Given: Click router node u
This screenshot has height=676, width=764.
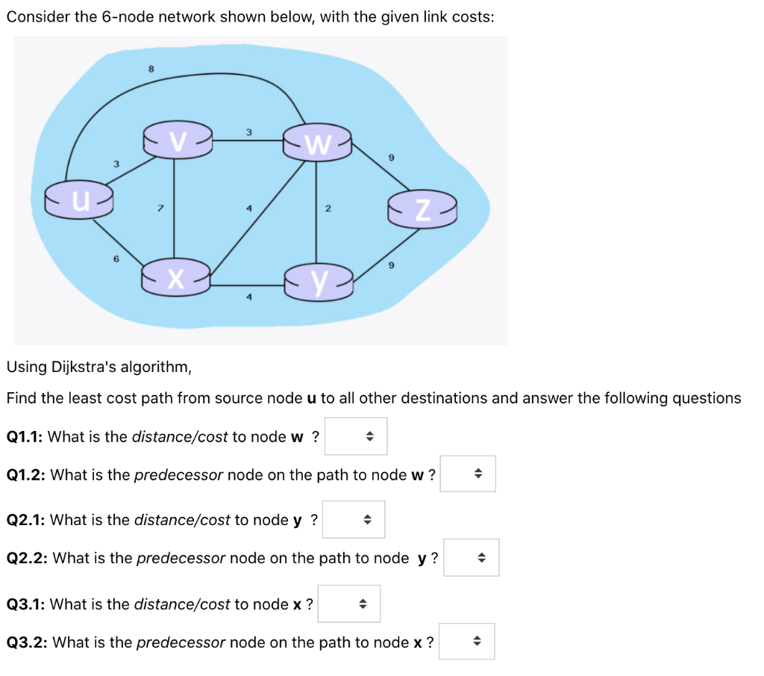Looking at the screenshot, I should (x=78, y=200).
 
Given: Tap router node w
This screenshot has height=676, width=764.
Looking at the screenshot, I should (x=317, y=143).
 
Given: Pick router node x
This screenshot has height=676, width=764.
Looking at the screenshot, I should (x=176, y=278).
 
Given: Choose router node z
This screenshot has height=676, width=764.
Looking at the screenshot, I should (x=422, y=211).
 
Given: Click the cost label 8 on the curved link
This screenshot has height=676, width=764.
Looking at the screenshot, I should (x=151, y=68).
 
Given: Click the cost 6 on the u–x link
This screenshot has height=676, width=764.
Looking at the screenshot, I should (x=116, y=258).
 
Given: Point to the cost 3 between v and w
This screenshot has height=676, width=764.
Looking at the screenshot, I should (x=248, y=132).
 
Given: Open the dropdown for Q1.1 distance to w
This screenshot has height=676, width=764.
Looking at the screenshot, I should (x=356, y=436).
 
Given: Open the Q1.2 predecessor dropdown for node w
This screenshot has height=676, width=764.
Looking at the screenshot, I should (x=468, y=474).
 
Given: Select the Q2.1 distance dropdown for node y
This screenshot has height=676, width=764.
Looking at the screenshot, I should (x=354, y=520).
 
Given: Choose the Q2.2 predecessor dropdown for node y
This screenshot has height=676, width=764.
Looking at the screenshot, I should (x=471, y=558).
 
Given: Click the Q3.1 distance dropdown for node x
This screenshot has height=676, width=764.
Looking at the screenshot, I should (x=349, y=604).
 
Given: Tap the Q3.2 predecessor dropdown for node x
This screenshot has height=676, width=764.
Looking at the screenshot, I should (x=466, y=642).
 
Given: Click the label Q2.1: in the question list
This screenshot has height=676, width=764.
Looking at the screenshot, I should (x=27, y=520).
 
